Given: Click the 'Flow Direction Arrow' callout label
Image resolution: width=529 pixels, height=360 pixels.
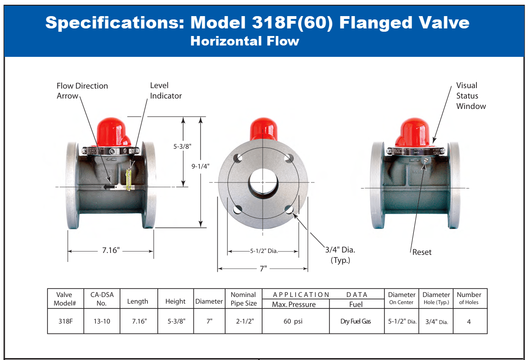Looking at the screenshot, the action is pyautogui.click(x=82, y=90).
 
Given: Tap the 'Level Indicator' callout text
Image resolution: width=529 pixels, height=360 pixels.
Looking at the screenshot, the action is pyautogui.click(x=165, y=90).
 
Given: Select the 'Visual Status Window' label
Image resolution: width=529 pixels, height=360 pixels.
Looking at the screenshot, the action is pyautogui.click(x=471, y=96).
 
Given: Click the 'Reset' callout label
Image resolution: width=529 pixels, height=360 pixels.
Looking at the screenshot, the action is pyautogui.click(x=422, y=252).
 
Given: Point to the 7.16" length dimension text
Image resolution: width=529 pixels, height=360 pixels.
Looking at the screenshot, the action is pyautogui.click(x=111, y=251).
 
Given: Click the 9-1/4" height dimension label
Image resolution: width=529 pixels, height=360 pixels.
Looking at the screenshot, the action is pyautogui.click(x=201, y=166).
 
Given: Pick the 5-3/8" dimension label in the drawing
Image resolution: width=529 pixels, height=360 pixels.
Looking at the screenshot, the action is pyautogui.click(x=182, y=146).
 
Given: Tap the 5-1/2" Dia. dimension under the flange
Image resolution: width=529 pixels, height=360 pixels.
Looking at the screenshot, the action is pyautogui.click(x=264, y=251).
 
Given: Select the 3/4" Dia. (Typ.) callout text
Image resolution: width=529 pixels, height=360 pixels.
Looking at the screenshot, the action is pyautogui.click(x=340, y=255).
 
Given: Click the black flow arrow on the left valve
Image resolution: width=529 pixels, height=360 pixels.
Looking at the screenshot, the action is pyautogui.click(x=109, y=187).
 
